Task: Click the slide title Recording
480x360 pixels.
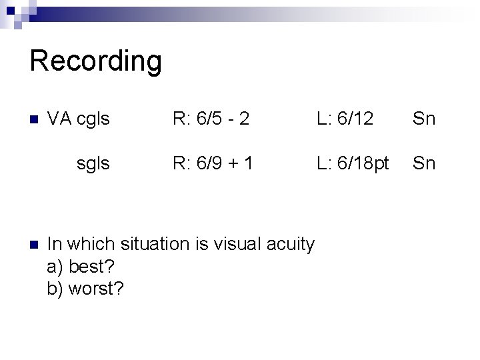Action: [x=95, y=61]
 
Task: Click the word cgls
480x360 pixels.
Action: [x=93, y=119]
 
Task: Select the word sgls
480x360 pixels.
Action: [x=93, y=163]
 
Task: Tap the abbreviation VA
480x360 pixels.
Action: [x=60, y=119]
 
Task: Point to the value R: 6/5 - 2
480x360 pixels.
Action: [x=211, y=119]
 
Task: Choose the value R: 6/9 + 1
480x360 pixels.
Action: [x=213, y=163]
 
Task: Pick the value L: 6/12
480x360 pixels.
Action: [x=345, y=119]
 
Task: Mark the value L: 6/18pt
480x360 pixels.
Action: [x=353, y=163]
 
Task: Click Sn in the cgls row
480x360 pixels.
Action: [x=424, y=119]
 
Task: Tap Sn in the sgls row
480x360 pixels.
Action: [x=424, y=163]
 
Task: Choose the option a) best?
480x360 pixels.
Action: [x=81, y=267]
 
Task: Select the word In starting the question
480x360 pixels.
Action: [x=55, y=244]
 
